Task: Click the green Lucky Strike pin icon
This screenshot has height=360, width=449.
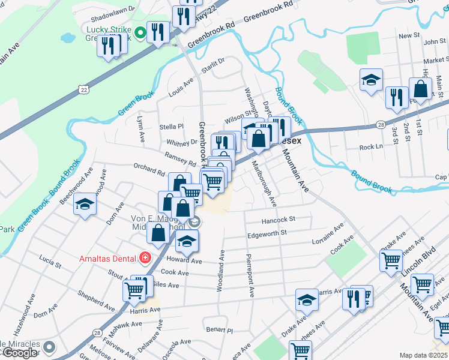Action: pos(140,32)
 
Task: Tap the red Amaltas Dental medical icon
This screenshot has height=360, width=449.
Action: pos(145,259)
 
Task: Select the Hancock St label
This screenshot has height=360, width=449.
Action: pos(279,220)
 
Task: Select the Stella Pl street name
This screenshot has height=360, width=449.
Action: pos(172,127)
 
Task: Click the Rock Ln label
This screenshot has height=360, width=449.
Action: pos(371,147)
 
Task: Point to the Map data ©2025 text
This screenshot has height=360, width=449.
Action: pos(423,355)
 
